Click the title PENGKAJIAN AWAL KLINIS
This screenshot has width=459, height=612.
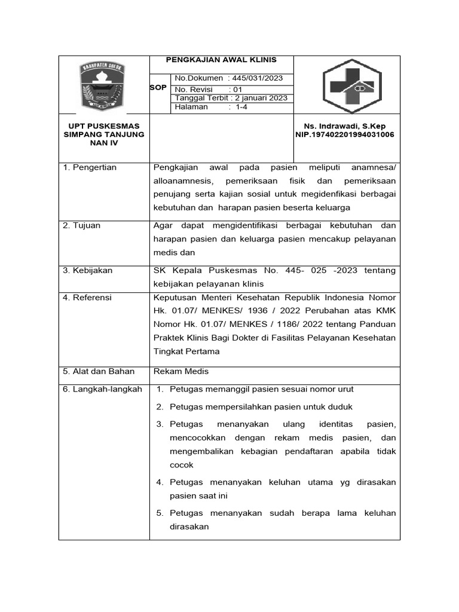point(221,60)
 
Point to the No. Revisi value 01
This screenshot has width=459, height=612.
point(238,89)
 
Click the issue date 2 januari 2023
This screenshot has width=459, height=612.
point(261,98)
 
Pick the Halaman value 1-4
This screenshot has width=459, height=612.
point(241,107)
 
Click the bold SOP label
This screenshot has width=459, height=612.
point(158,88)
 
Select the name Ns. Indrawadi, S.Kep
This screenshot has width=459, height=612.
point(345,126)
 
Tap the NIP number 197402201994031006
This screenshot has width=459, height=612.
point(345,134)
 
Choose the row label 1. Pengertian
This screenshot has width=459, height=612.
point(90,167)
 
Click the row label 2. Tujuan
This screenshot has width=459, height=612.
point(82,226)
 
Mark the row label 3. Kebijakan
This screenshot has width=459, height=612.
point(88,271)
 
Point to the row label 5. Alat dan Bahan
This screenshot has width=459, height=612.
point(99,371)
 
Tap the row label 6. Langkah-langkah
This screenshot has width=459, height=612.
point(103,389)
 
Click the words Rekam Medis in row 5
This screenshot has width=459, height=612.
point(181,371)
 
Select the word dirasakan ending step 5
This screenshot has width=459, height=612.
point(189,527)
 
